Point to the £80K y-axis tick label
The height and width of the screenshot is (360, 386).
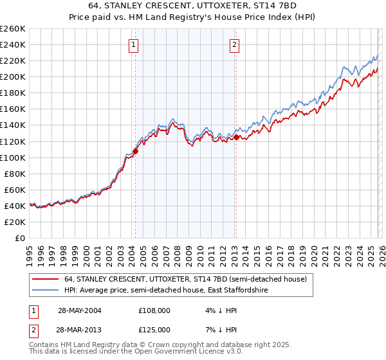(14, 174)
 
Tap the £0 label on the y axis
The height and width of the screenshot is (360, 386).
(20, 238)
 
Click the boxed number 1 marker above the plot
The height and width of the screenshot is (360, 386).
(133, 44)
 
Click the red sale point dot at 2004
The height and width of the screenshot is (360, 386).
(135, 151)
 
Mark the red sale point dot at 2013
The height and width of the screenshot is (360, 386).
(236, 137)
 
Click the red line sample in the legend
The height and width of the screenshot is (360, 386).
(46, 279)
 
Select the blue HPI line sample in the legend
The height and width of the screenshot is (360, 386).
(46, 291)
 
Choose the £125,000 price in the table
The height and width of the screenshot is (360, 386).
(154, 330)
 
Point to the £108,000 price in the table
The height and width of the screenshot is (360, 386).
(154, 310)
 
